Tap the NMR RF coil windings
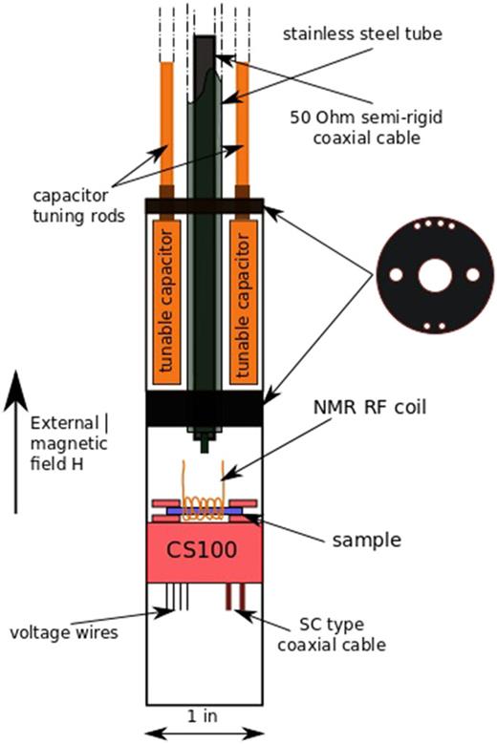click(204, 507)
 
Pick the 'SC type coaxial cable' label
click(337, 633)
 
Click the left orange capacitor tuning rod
click(166, 124)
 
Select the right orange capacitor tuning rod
click(243, 124)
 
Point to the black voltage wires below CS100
click(176, 596)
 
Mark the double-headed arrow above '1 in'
click(204, 732)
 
